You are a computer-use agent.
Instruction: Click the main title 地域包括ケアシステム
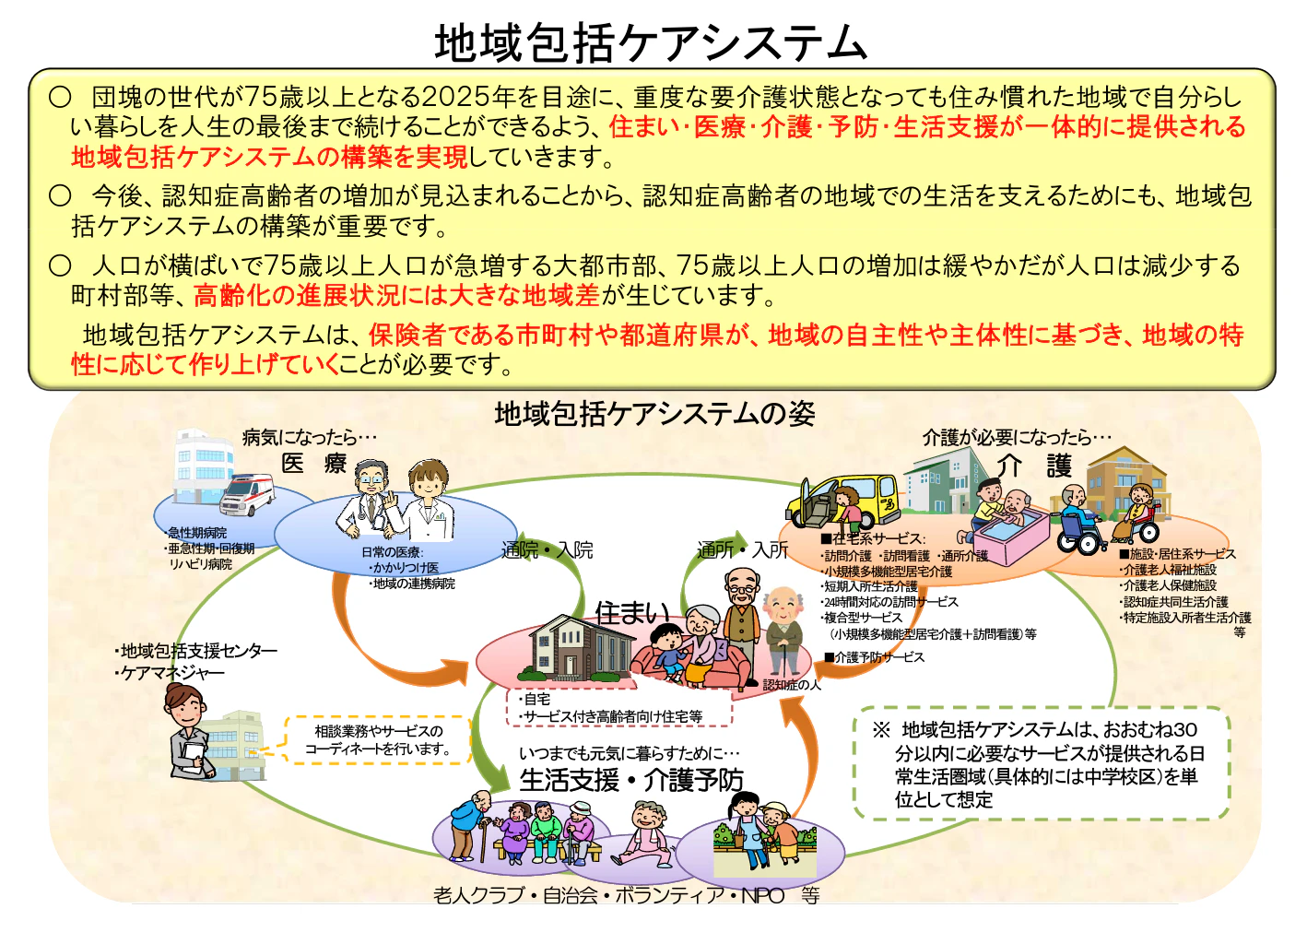[651, 42]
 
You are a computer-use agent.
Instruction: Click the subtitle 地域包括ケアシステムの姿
[654, 414]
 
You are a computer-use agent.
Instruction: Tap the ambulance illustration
[246, 495]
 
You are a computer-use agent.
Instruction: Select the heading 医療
[313, 464]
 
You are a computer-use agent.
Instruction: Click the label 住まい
[632, 613]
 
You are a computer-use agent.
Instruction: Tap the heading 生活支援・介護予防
[631, 780]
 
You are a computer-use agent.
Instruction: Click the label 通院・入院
[547, 550]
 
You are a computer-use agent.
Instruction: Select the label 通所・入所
[743, 550]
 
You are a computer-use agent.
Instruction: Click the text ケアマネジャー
[172, 673]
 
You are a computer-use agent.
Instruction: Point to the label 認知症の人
[792, 685]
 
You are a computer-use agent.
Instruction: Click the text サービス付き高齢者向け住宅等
[614, 716]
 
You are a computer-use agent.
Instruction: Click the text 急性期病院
[196, 533]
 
